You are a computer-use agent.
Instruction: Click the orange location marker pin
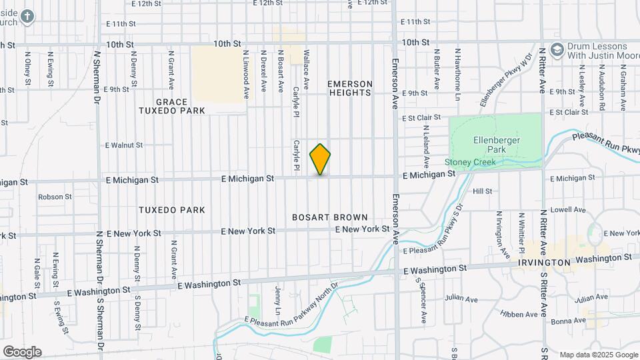click(320, 159)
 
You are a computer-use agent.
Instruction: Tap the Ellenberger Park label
click(496, 145)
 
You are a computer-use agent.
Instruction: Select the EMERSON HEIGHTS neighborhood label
click(349, 88)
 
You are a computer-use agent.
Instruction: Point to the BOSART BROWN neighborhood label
click(330, 217)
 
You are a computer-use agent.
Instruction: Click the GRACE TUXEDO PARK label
click(171, 106)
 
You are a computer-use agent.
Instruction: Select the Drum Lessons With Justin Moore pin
click(557, 52)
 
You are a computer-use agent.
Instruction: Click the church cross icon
click(27, 16)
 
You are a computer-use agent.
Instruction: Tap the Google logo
click(22, 351)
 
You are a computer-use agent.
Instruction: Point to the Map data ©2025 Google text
click(598, 355)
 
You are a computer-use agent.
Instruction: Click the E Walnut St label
click(124, 145)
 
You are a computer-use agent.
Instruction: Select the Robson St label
click(55, 197)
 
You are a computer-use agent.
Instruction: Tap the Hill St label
click(482, 191)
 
